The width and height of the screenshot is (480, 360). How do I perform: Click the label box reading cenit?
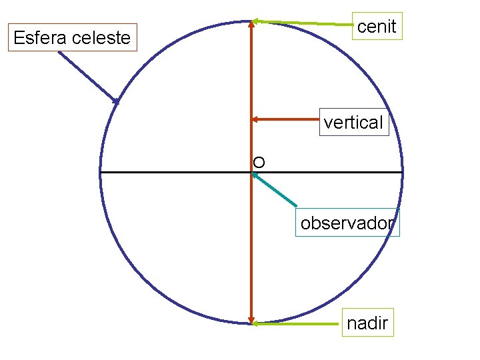click(x=377, y=27)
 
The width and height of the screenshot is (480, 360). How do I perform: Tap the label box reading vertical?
click(x=353, y=122)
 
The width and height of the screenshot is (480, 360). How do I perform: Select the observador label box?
click(x=347, y=223)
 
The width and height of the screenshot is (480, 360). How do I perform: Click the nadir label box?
click(x=367, y=323)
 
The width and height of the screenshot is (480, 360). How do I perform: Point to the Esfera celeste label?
click(x=72, y=38)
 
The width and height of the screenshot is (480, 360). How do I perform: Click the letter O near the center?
click(x=259, y=162)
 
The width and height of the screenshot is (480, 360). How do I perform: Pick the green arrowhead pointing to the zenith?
click(x=256, y=21)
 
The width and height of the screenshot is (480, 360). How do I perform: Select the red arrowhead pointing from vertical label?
click(x=255, y=120)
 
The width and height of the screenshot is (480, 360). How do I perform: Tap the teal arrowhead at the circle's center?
click(x=255, y=175)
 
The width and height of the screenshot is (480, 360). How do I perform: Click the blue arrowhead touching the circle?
click(x=116, y=101)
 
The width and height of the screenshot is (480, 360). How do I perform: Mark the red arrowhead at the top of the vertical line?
click(x=251, y=23)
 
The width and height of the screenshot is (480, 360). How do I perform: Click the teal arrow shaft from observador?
click(x=277, y=191)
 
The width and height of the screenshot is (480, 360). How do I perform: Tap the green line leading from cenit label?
click(x=307, y=23)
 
